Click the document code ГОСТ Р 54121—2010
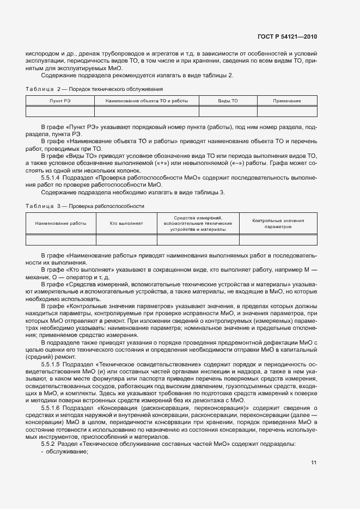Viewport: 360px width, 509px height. (x=287, y=37)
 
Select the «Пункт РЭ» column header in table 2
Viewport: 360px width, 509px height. (x=60, y=101)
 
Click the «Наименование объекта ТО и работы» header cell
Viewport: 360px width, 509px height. (x=147, y=101)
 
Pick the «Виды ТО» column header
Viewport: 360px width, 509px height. (x=228, y=101)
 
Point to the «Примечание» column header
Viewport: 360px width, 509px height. (x=287, y=101)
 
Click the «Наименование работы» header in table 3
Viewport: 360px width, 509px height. (x=61, y=223)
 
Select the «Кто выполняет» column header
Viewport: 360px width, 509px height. (x=126, y=223)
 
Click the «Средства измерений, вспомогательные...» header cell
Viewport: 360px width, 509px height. (x=198, y=223)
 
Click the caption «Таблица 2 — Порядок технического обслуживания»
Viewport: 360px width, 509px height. (x=94, y=88)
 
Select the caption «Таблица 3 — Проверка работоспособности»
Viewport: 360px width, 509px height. (x=85, y=206)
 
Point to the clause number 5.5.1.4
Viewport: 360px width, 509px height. (x=50, y=177)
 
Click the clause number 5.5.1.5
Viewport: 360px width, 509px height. (x=50, y=364)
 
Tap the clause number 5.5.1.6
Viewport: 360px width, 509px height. (x=50, y=408)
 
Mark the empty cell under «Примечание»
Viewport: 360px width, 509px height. (x=287, y=112)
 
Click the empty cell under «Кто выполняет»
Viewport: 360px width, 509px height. (x=126, y=240)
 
